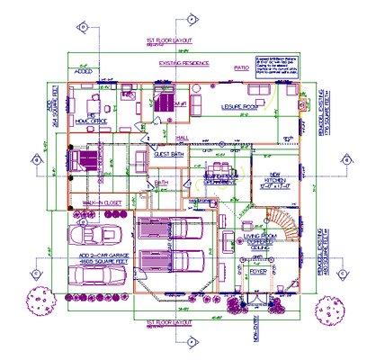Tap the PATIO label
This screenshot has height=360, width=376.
pos(240,67)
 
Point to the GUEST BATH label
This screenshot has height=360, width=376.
pos(170,154)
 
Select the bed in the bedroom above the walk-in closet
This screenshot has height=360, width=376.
pos(85,160)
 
